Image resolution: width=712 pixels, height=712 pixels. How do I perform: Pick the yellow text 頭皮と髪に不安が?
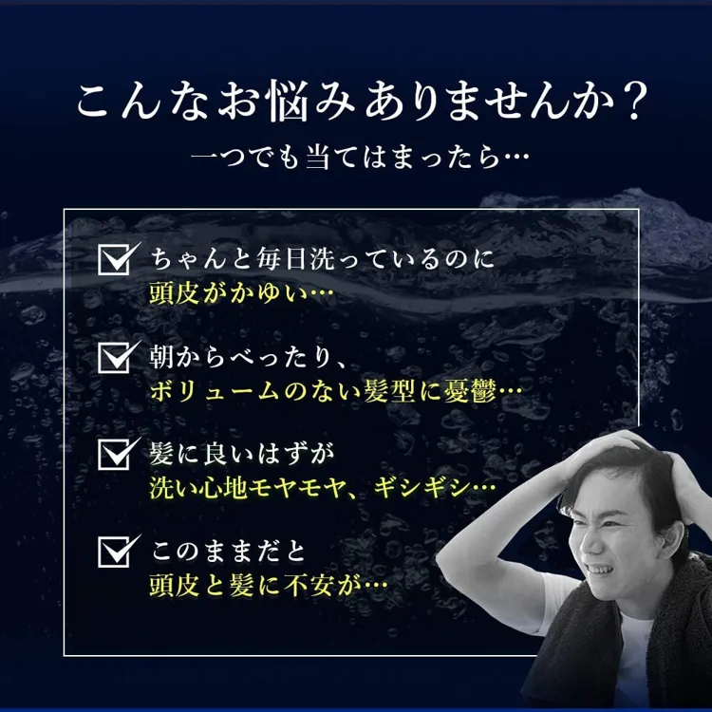256,586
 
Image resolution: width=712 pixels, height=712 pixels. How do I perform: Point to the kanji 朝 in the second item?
161,357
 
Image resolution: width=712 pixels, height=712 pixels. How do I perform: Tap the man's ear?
671,540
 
